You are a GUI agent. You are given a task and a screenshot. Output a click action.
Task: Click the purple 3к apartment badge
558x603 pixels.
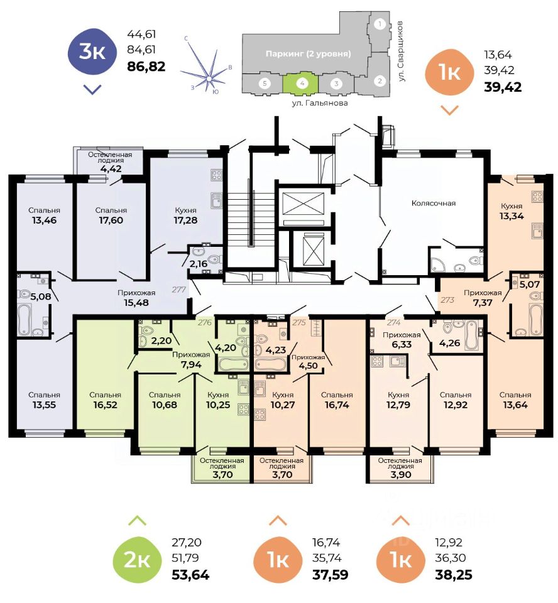92,52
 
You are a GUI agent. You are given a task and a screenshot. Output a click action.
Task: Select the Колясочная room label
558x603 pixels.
433,203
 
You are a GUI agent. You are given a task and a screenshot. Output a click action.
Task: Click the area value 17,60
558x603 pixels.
111,220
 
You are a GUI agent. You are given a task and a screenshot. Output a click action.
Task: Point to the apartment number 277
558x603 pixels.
180,289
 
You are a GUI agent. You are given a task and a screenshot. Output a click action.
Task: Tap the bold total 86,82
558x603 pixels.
146,66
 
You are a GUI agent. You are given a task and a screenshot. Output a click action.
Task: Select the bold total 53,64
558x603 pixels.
190,574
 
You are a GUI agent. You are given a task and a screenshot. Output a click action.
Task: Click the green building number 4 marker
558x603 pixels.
302,83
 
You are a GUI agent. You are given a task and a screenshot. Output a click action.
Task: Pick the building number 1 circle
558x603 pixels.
379,25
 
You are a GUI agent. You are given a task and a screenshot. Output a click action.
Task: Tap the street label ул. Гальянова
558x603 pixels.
320,102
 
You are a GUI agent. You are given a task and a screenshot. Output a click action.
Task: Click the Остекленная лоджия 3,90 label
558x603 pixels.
400,467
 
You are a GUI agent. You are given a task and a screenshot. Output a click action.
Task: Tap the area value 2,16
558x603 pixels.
199,263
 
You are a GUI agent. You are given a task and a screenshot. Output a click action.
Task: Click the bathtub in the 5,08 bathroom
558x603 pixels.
25,320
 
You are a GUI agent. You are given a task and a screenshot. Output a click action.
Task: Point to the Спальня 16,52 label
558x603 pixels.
104,399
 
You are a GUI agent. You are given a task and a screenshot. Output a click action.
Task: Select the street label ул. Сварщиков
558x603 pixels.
401,50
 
